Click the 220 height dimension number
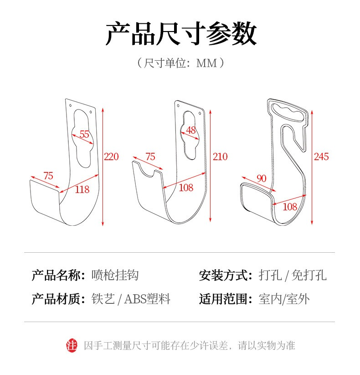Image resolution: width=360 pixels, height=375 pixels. [111, 157]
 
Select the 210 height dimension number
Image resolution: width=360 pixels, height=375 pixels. [220, 157]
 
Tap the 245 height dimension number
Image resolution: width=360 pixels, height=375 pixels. [321, 157]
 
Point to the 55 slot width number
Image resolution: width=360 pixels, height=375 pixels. [84, 134]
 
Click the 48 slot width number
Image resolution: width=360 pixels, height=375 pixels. [191, 130]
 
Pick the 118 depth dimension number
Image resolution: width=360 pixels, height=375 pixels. [82, 190]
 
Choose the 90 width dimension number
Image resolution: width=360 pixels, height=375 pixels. [261, 178]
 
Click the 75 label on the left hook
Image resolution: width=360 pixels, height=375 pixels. [48, 176]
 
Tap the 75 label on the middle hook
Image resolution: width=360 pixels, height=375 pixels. [150, 157]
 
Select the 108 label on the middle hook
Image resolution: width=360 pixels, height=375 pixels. [186, 188]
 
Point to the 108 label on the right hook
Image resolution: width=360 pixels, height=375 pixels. [290, 207]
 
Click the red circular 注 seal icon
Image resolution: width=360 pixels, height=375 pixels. [72, 346]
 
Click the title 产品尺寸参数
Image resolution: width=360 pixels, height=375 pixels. [181, 34]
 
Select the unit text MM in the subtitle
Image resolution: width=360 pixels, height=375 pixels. [206, 63]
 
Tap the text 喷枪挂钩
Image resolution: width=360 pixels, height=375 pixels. [115, 275]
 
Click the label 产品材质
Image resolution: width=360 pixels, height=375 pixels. [56, 299]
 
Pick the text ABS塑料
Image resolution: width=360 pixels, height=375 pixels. [147, 299]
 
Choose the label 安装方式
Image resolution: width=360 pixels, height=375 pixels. [223, 275]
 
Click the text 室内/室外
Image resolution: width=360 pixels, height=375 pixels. [284, 299]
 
